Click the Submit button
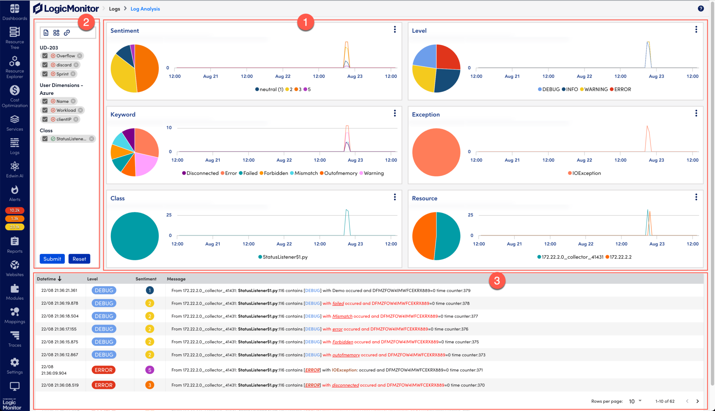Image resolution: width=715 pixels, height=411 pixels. pos(52,259)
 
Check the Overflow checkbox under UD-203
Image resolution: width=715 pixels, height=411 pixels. pos(45,56)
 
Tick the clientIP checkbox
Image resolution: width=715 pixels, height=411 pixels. pos(45,119)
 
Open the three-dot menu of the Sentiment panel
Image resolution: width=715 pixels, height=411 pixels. pos(395,30)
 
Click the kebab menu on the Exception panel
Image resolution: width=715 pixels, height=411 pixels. pos(696,113)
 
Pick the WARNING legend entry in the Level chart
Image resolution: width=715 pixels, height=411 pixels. pos(594,89)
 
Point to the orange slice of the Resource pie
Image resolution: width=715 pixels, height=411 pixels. pos(423,237)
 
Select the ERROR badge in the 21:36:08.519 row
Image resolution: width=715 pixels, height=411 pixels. pos(103,385)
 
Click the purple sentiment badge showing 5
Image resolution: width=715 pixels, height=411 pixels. pos(150,370)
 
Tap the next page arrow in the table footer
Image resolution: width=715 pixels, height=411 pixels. pos(698,401)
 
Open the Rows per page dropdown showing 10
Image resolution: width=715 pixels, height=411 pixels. pos(635,401)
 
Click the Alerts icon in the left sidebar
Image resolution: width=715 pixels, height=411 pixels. pos(15,190)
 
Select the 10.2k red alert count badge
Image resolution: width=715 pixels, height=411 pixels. pos(15,210)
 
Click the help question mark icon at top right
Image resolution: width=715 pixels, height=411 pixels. pos(701,9)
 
